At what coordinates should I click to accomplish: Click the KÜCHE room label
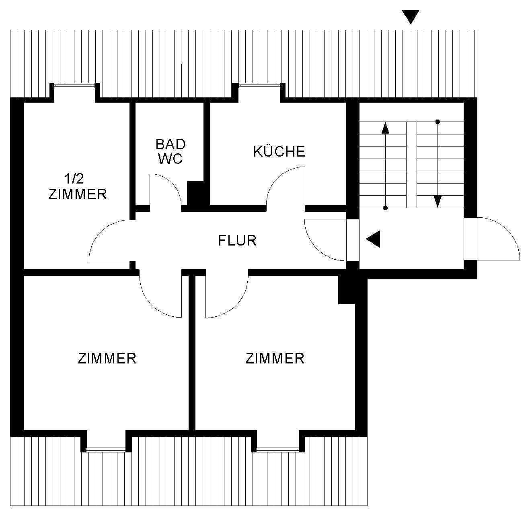point(279,151)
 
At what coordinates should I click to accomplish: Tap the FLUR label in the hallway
point(237,240)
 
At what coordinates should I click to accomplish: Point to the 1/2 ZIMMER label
point(77,186)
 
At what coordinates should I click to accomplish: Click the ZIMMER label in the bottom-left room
point(107,358)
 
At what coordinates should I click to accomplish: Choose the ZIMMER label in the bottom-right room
point(275,358)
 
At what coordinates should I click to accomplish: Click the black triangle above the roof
point(411,17)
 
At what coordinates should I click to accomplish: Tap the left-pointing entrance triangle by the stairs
point(373,239)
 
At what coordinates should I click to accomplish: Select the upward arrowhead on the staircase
point(385,128)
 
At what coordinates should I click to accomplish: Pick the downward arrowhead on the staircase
point(438,201)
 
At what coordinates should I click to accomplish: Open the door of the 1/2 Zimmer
point(111,239)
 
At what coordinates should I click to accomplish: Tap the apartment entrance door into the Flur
point(324,239)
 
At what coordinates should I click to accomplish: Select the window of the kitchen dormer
point(259,85)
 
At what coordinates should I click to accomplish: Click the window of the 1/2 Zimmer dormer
point(75,85)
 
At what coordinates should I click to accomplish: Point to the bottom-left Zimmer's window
point(106,449)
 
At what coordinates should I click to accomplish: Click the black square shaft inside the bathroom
point(196,194)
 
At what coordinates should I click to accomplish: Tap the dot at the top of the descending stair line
point(438,122)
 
